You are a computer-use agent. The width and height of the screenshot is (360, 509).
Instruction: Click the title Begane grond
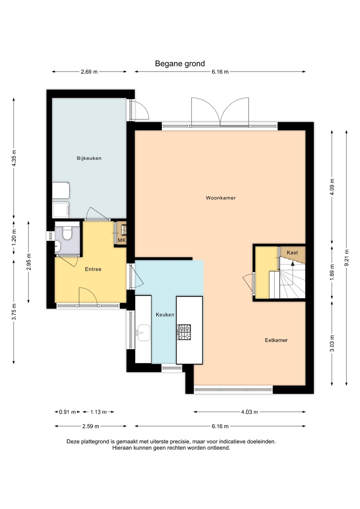click(x=180, y=64)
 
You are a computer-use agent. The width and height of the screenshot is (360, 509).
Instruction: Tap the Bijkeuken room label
click(x=89, y=158)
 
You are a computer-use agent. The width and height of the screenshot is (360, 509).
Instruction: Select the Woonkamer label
click(x=221, y=198)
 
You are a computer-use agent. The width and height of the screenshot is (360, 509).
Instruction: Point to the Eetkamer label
click(x=276, y=340)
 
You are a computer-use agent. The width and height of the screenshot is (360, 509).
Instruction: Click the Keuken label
click(x=165, y=315)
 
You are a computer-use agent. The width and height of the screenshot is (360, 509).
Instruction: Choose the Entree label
click(x=93, y=269)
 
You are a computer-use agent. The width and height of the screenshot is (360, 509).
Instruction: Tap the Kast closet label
click(x=292, y=252)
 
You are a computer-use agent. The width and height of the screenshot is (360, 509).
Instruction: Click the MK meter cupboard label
click(x=122, y=240)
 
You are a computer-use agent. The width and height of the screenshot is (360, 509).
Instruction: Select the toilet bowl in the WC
click(x=67, y=233)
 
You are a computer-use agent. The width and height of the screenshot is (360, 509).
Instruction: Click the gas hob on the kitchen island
click(x=184, y=332)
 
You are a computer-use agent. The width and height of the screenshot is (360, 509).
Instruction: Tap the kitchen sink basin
click(x=143, y=333)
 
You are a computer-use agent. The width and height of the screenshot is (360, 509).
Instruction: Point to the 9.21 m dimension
click(x=346, y=258)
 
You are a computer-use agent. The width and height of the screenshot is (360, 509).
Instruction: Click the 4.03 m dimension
click(x=249, y=412)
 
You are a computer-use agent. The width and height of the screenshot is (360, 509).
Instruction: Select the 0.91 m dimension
click(x=67, y=412)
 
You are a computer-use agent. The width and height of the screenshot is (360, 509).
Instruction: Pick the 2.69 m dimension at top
click(x=89, y=72)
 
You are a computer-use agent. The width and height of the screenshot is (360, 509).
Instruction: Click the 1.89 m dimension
click(x=332, y=272)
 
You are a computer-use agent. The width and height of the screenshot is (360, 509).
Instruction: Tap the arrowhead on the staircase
click(x=292, y=263)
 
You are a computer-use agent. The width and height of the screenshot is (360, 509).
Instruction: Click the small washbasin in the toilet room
click(x=58, y=246)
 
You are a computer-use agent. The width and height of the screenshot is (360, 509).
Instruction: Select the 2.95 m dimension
click(x=28, y=262)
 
